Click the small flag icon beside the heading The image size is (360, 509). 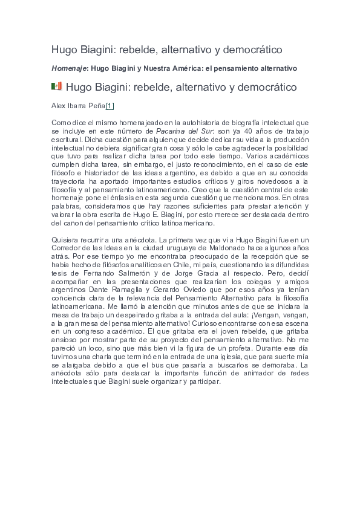(x=57, y=86)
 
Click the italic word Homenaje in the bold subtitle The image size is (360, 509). (x=69, y=68)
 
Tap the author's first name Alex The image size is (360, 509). (x=59, y=106)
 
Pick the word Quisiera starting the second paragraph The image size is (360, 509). (x=67, y=239)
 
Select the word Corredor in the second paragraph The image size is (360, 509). (x=67, y=248)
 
